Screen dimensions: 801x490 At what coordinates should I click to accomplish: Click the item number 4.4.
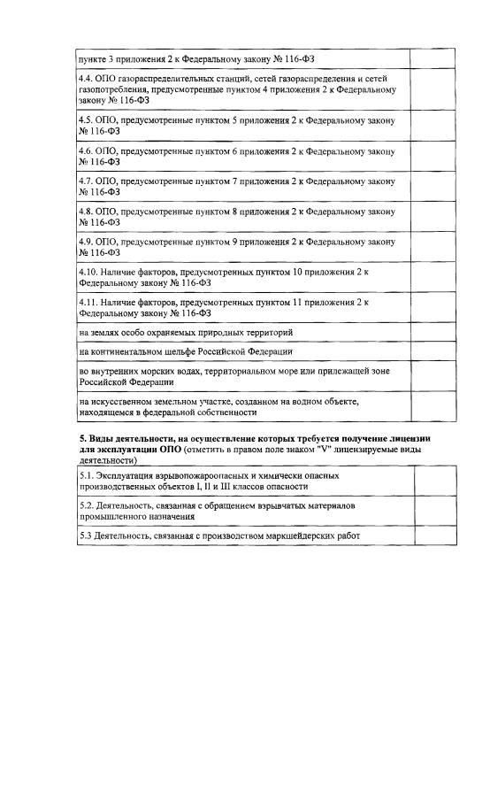click(86, 79)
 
